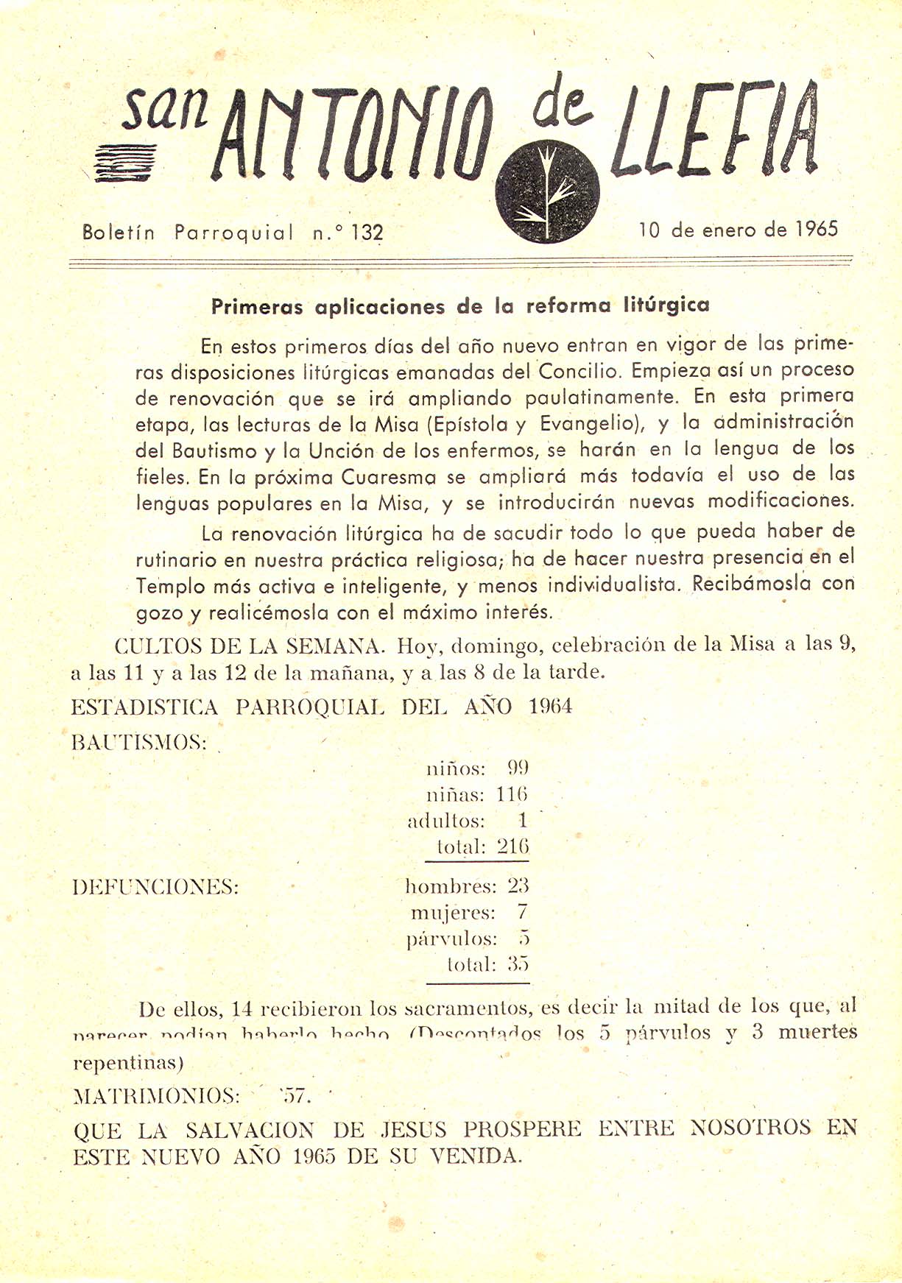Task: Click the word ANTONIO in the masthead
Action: tap(350, 137)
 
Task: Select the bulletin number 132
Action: tap(367, 233)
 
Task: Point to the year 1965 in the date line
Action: tap(817, 229)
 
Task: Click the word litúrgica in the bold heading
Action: tap(666, 305)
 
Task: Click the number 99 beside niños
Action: tap(518, 768)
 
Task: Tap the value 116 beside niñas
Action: tap(512, 795)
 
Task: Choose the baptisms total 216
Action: tap(512, 847)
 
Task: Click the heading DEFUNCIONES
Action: tap(156, 887)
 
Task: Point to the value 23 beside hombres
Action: tap(518, 886)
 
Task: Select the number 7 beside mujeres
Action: tap(522, 913)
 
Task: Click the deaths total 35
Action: tap(518, 964)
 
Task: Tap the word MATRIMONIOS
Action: tap(157, 1096)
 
